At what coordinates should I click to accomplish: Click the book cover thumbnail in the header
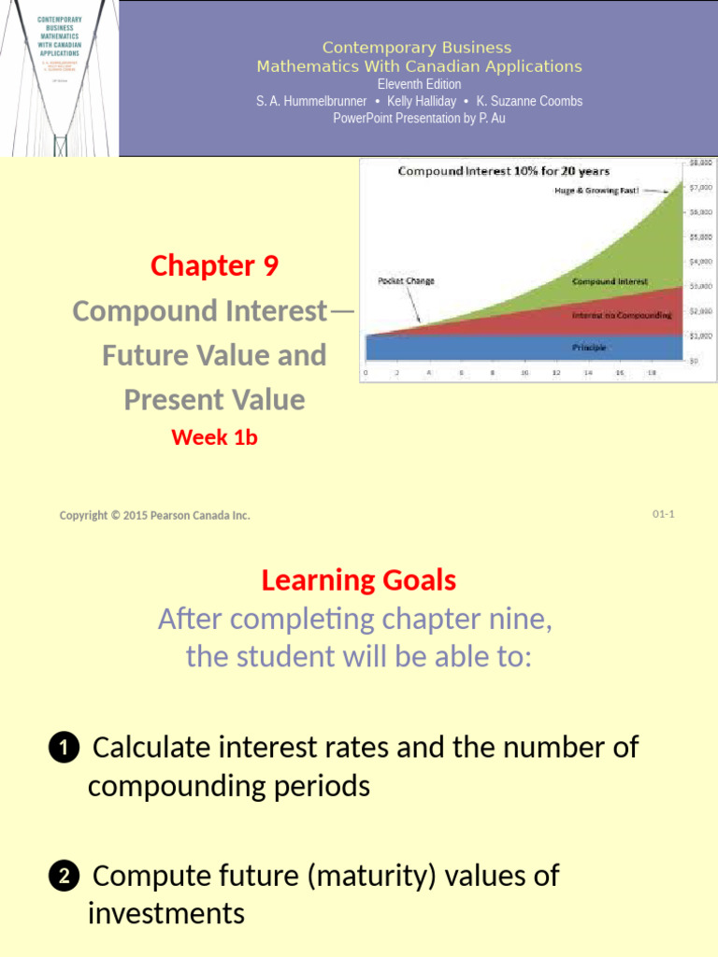click(59, 79)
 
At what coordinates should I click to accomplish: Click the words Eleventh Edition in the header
click(419, 84)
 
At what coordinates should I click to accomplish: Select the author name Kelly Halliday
click(422, 101)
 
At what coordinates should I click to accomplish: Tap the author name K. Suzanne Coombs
click(529, 101)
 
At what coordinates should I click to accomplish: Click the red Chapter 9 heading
click(214, 266)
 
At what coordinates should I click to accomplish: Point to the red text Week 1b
click(214, 436)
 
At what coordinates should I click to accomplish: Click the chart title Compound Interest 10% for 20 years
click(504, 171)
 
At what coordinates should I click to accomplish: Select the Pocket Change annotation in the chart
click(406, 280)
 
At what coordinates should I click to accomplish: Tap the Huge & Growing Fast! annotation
click(596, 191)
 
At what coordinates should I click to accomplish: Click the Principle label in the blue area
click(589, 347)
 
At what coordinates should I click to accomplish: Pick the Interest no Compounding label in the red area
click(622, 316)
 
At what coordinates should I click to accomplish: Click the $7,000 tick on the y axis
click(701, 187)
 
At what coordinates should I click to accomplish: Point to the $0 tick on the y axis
click(694, 360)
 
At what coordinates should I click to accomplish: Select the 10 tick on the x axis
click(525, 372)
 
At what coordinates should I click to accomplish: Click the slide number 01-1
click(663, 514)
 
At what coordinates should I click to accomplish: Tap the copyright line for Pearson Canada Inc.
click(155, 515)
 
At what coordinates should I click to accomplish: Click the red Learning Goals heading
click(359, 580)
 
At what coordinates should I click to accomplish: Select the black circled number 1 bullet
click(62, 749)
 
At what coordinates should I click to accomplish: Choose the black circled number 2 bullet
click(62, 877)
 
